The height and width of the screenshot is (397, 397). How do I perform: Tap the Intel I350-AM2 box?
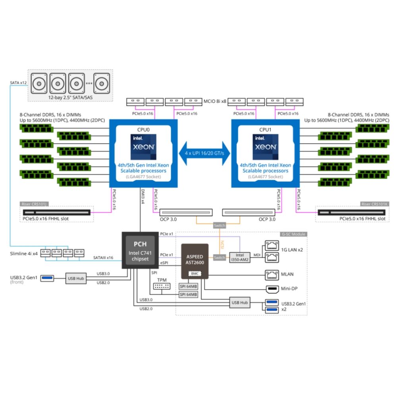239,257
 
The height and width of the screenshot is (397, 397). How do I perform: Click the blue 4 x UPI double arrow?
204,153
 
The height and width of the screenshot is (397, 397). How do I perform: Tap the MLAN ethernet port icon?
272,274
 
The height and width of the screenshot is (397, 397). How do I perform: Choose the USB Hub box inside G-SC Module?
240,303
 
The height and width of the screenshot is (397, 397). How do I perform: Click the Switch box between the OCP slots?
219,225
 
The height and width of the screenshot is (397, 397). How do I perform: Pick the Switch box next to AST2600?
219,258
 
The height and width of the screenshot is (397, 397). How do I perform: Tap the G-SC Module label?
293,234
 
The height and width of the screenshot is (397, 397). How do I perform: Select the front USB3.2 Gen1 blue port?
47,278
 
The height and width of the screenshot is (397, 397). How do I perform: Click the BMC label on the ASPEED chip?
195,274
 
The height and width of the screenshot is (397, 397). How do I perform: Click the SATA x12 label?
18,83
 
